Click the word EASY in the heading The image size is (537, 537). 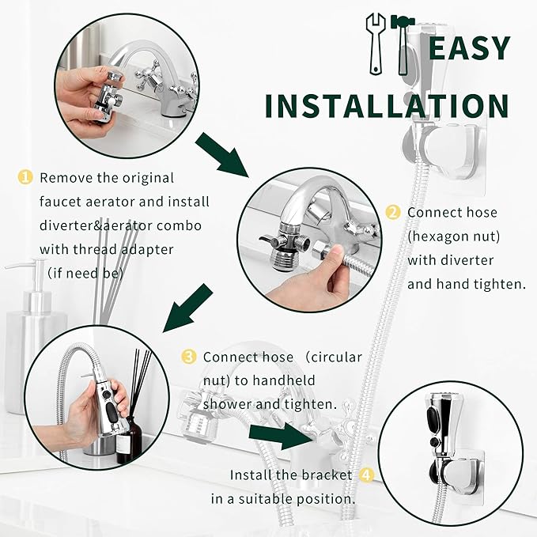pos(469,49)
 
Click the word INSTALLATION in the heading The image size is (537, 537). pos(387,106)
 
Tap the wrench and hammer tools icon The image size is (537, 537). pos(392,45)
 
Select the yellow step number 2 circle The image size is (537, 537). pos(393,212)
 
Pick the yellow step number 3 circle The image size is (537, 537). pos(188,357)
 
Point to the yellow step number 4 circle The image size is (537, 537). pos(365,475)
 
